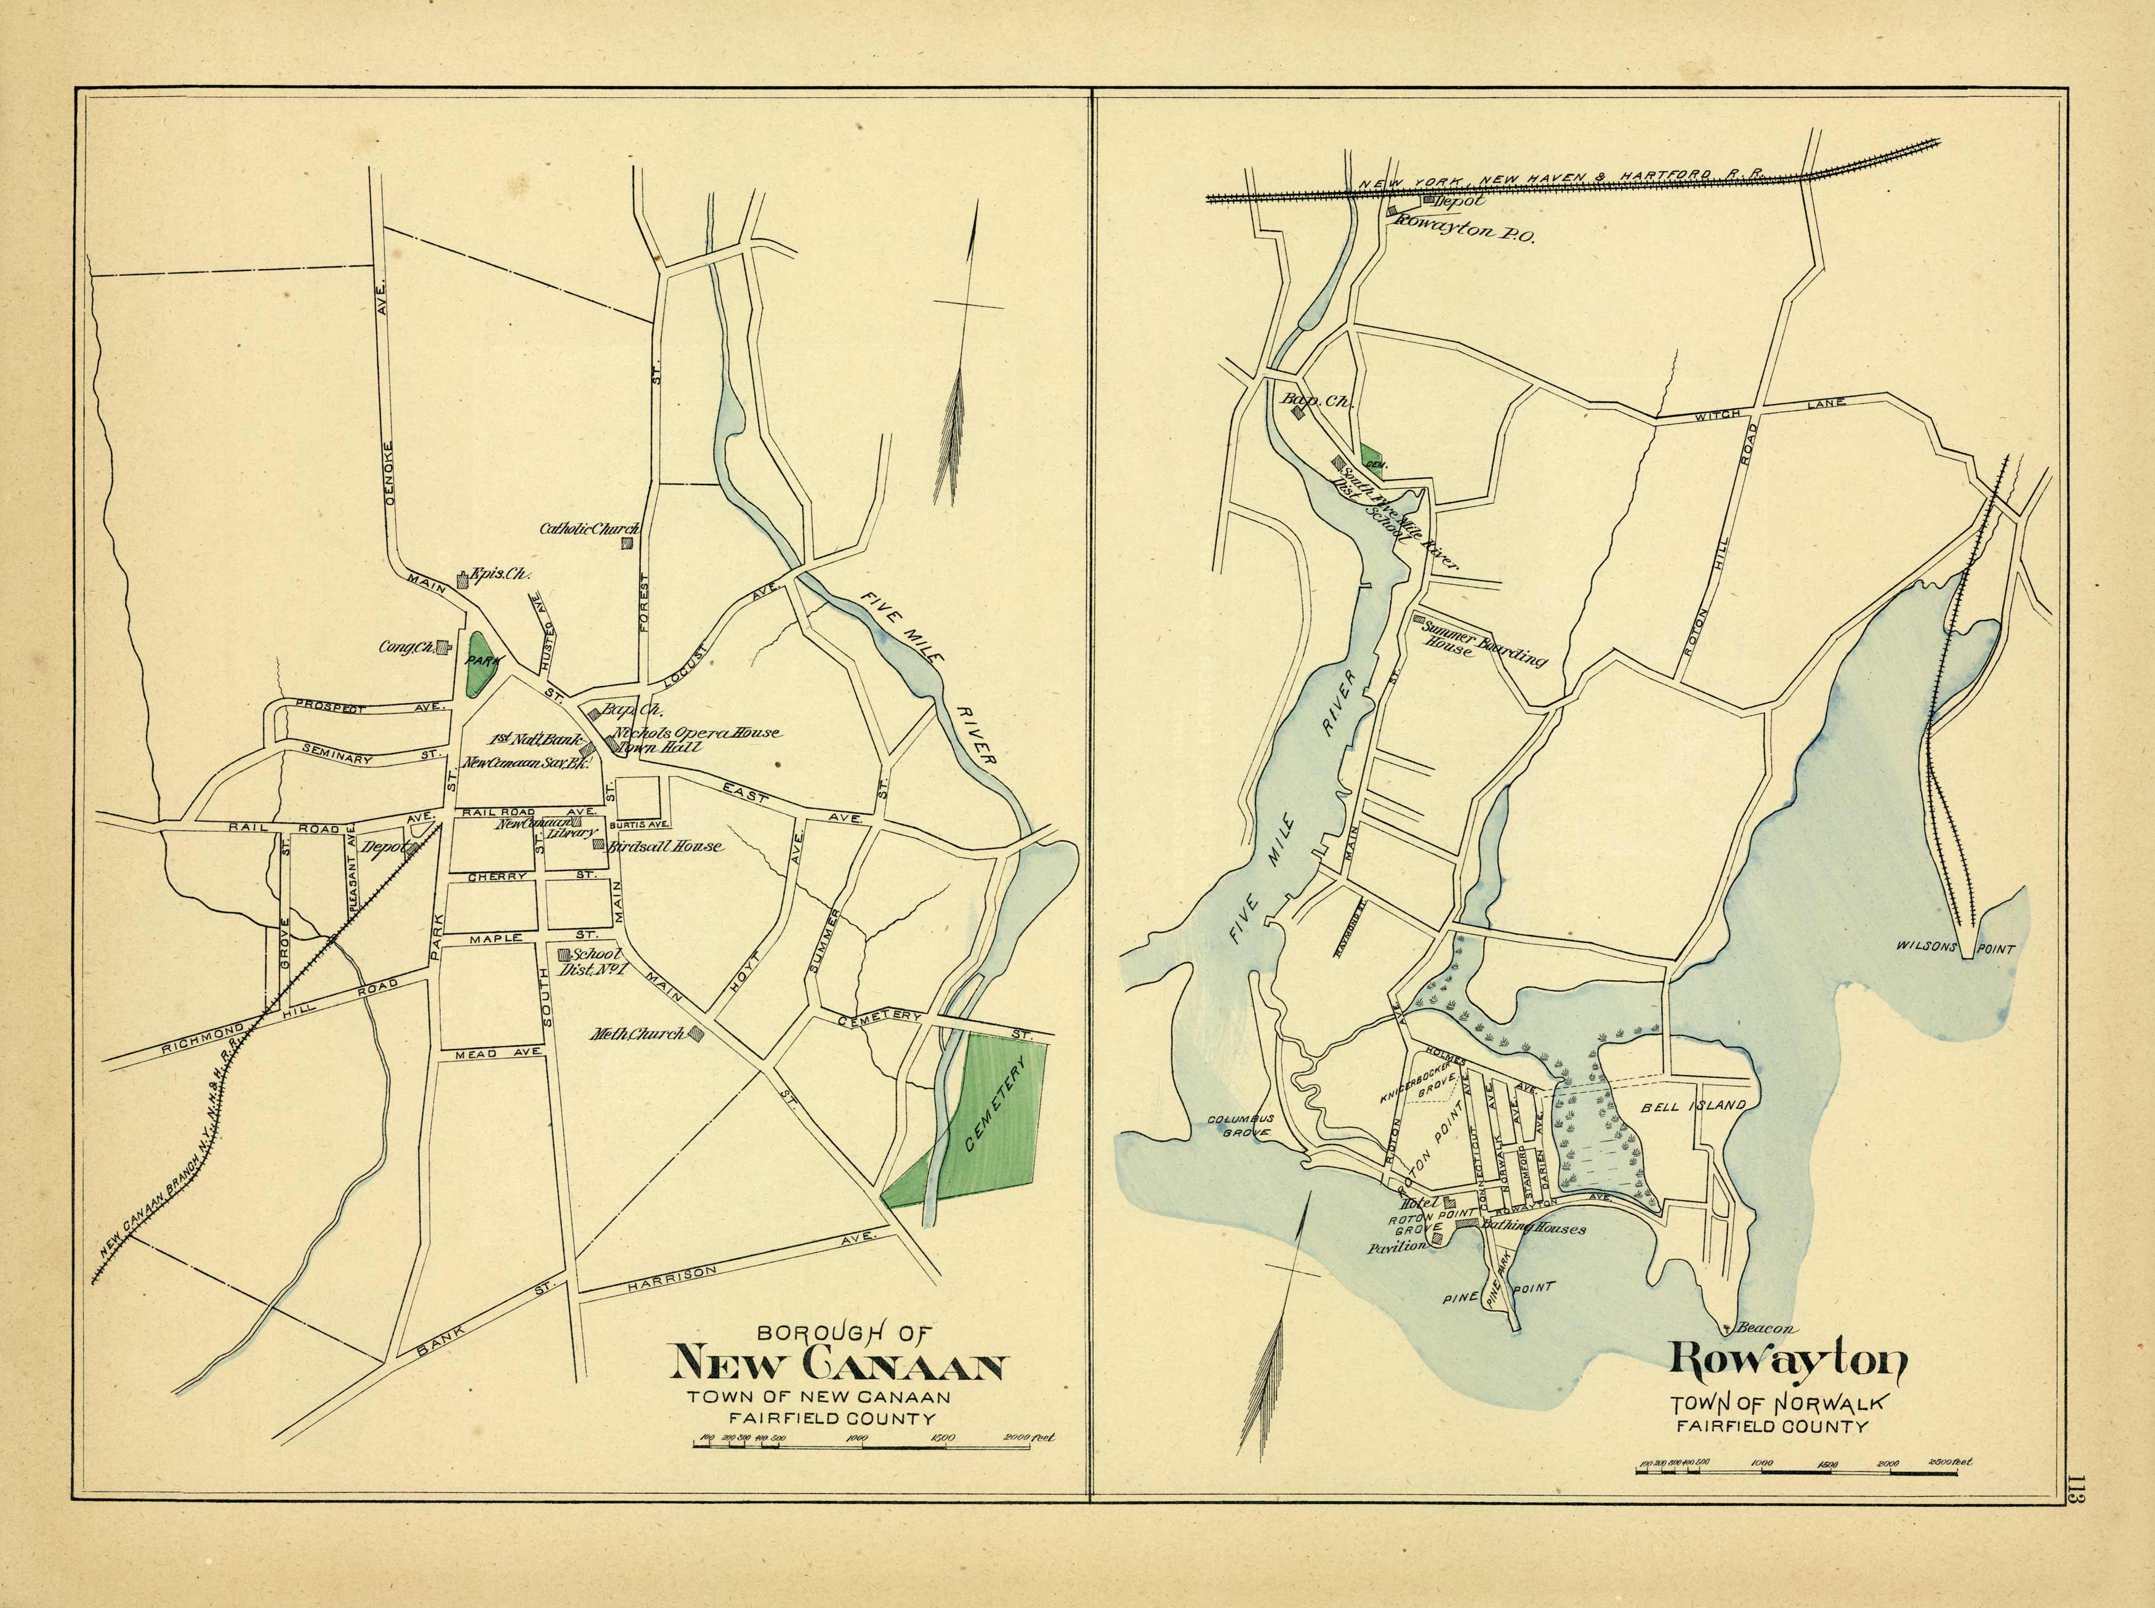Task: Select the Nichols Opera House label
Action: coord(695,732)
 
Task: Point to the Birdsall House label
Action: coord(666,847)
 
